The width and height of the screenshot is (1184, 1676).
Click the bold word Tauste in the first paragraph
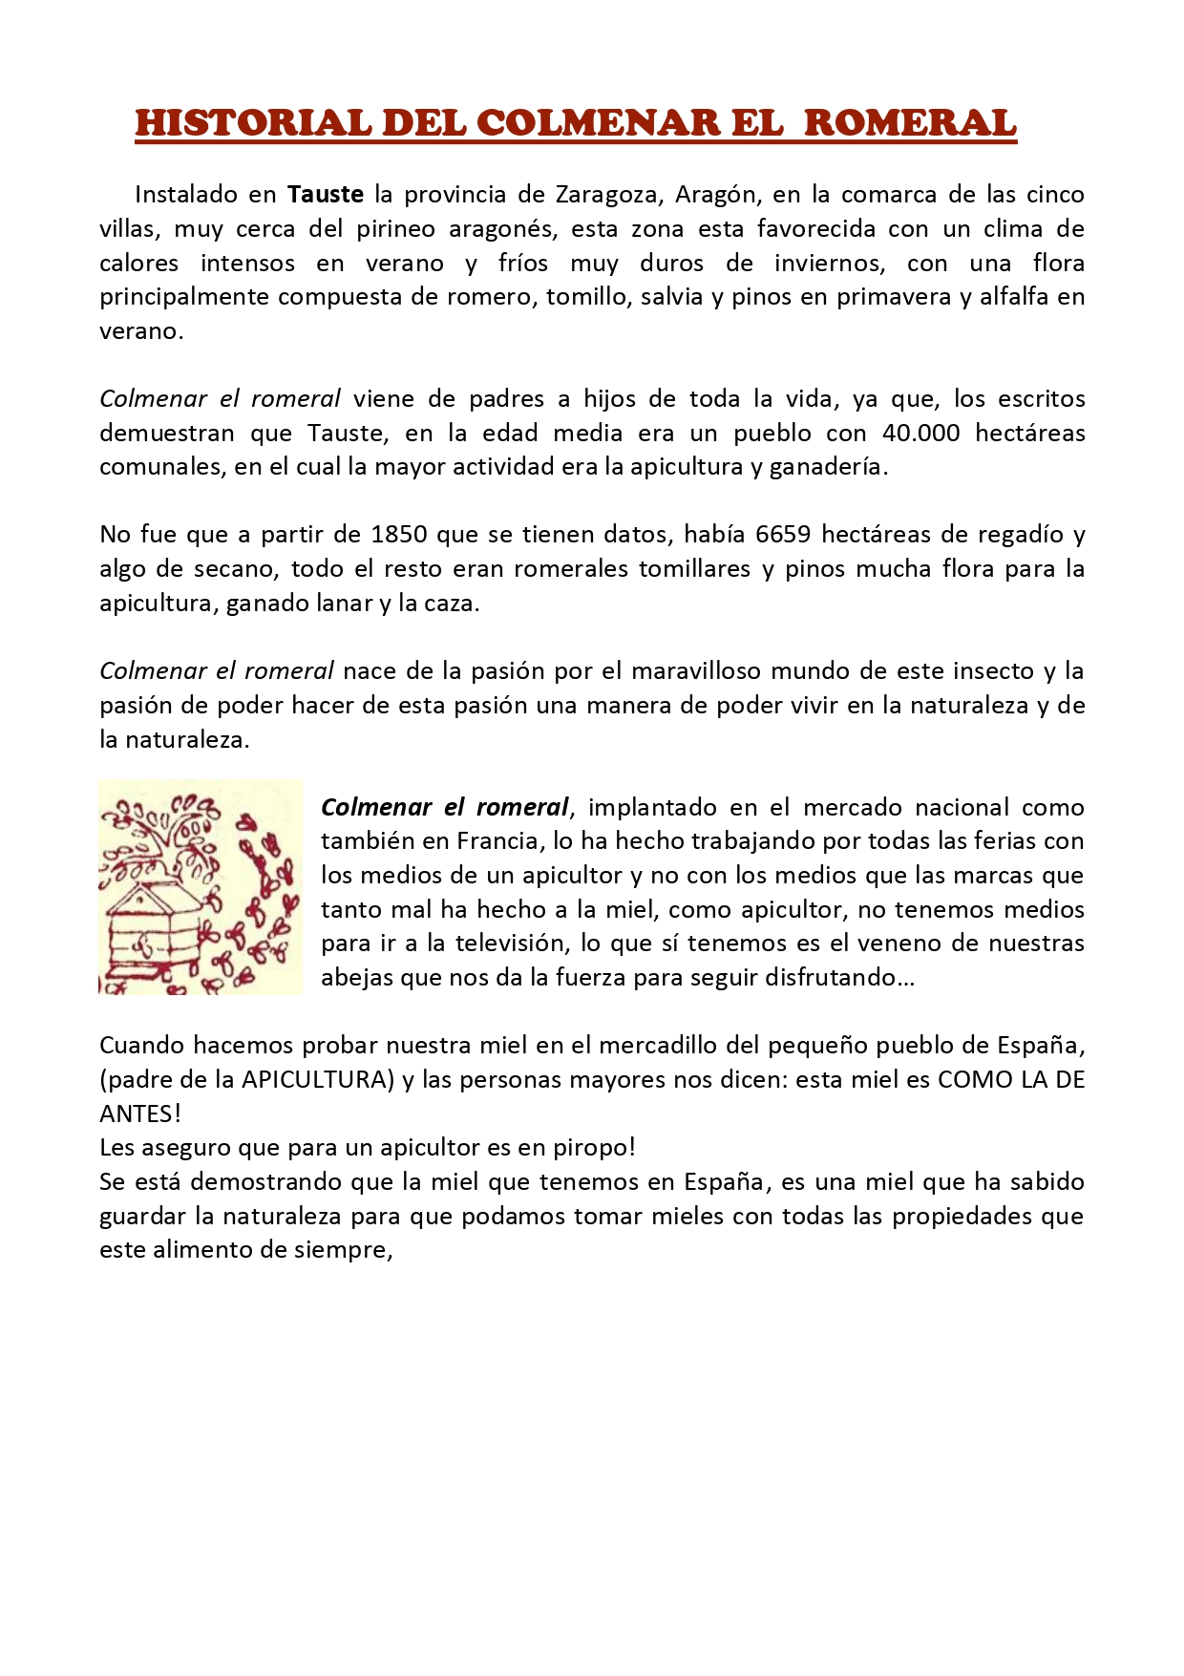(326, 195)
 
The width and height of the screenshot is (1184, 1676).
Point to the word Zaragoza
(608, 195)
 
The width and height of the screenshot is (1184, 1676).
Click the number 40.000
(920, 434)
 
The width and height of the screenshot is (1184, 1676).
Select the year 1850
(399, 535)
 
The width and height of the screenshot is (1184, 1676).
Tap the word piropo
(589, 1148)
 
